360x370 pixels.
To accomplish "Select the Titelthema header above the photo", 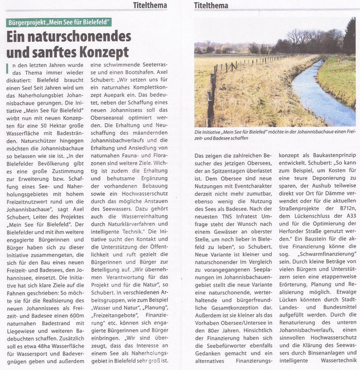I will point(212,5).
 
